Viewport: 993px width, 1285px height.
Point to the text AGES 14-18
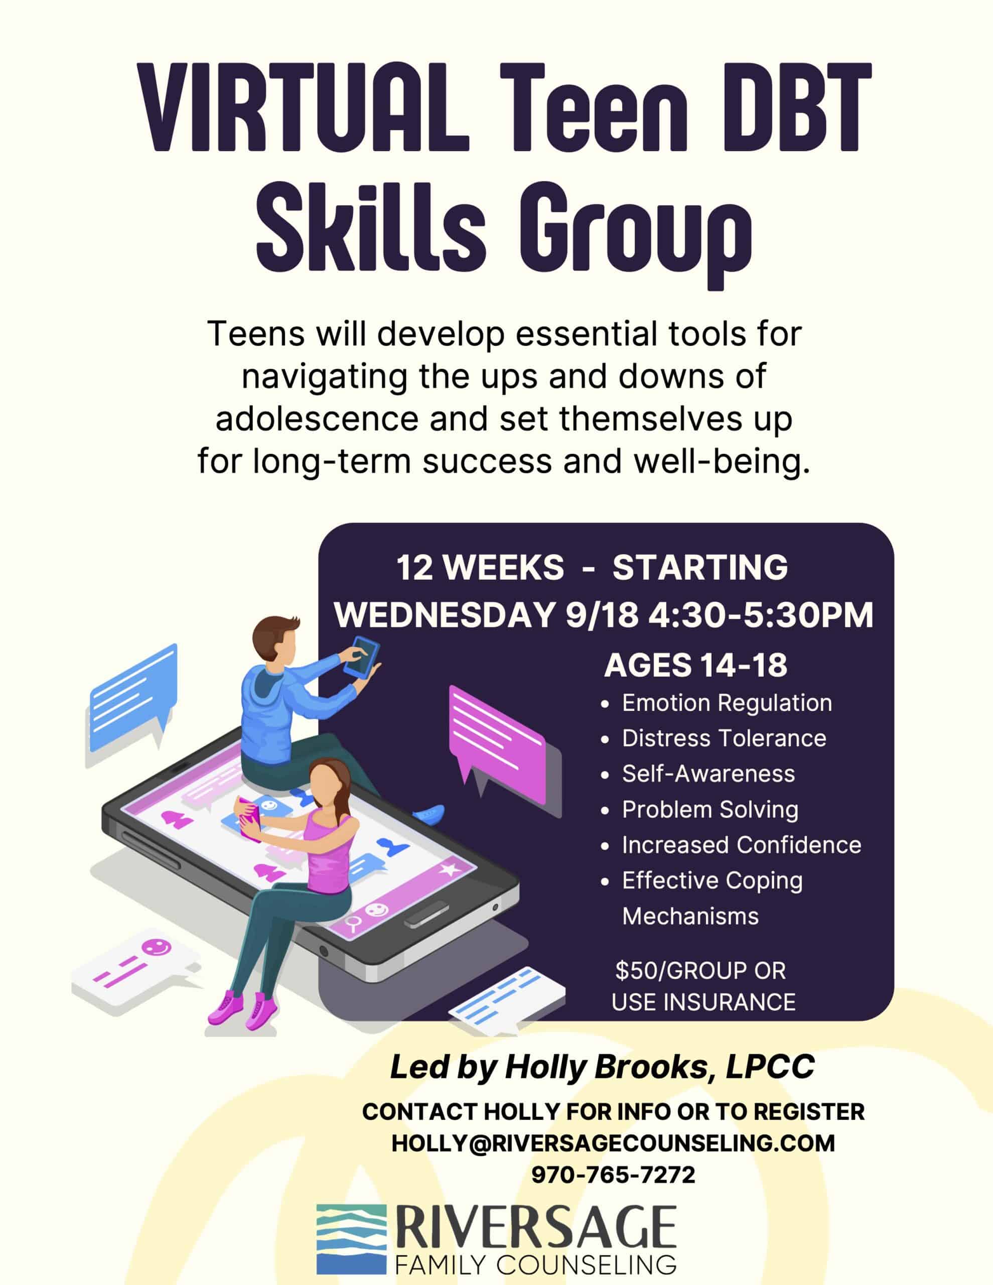[x=695, y=666]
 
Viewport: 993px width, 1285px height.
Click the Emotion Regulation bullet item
[x=727, y=703]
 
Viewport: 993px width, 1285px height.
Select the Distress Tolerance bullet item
[x=724, y=738]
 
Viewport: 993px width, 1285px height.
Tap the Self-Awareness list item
[x=708, y=774]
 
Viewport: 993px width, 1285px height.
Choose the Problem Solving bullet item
[x=710, y=810]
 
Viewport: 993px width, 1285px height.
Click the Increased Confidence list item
[x=742, y=845]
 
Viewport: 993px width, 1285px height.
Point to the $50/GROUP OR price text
[x=700, y=971]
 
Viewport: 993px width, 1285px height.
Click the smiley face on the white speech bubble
[x=156, y=947]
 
